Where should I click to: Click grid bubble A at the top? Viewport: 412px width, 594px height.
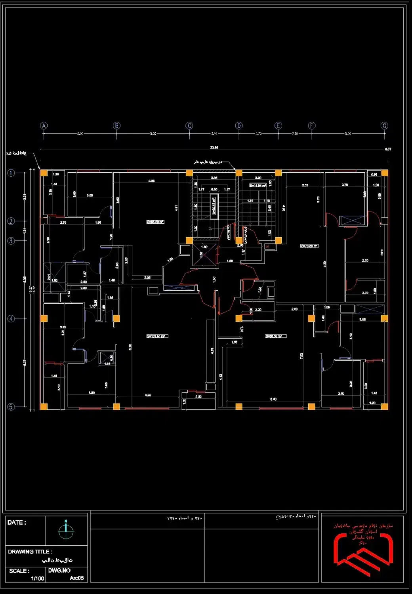pos(44,126)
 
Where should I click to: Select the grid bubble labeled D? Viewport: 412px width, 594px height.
pos(239,126)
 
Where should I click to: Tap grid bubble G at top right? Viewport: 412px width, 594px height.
pos(384,126)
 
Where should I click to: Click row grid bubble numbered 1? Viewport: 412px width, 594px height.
pos(11,173)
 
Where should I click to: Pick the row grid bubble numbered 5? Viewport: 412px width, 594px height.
pos(11,407)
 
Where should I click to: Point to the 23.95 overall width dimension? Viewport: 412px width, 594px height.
pos(214,147)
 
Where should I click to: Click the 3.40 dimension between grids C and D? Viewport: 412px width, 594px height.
pos(214,133)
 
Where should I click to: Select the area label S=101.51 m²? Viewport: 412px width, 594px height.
pos(157,336)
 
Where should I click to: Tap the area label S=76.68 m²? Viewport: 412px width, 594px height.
pos(309,246)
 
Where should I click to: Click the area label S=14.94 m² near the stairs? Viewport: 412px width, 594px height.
pos(257,185)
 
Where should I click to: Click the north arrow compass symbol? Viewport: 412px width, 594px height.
pos(66,531)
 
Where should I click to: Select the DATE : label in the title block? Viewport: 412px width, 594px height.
pos(17,522)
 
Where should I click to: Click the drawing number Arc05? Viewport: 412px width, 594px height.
pos(76,578)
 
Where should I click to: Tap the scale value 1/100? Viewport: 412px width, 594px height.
pos(38,579)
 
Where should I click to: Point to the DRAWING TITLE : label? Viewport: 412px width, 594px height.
pos(30,551)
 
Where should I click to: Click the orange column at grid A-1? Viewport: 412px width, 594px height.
pos(44,173)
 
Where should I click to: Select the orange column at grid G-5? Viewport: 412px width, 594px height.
pos(384,406)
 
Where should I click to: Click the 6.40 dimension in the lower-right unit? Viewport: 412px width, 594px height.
pos(273,399)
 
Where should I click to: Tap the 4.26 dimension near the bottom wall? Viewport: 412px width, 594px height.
pos(148,395)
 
